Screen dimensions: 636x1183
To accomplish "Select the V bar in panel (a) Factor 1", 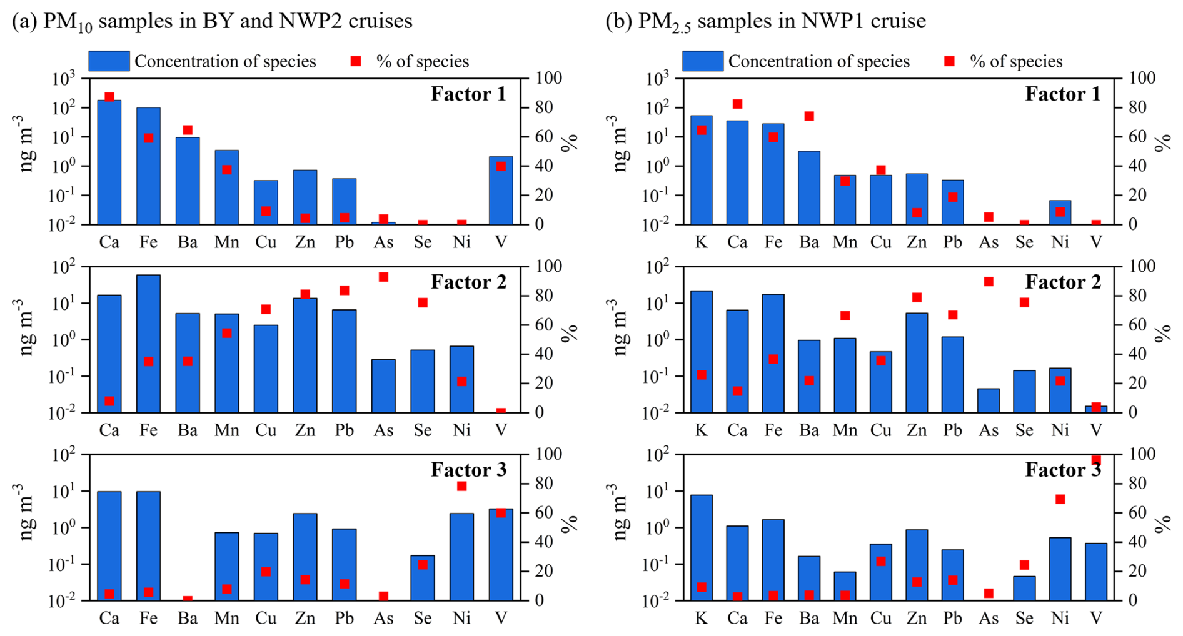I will [501, 191].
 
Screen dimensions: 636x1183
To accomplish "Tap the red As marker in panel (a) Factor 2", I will [383, 277].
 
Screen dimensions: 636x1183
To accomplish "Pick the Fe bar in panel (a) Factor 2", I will [148, 344].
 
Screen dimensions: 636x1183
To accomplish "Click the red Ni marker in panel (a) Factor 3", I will [461, 486].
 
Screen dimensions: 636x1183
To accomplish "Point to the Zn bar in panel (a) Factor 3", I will [305, 557].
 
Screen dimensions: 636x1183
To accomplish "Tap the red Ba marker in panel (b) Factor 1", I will [809, 116].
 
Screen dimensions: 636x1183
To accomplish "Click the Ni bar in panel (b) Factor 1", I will [1060, 212].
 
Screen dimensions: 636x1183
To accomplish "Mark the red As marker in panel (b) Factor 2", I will [989, 282].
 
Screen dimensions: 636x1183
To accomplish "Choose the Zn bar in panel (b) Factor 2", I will [917, 362].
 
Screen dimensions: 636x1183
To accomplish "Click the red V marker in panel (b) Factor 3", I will [1096, 460].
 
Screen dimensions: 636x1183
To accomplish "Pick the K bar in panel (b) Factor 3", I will [702, 547].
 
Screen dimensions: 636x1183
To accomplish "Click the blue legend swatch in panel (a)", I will [109, 61].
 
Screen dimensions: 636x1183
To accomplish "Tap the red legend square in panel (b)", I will [949, 61].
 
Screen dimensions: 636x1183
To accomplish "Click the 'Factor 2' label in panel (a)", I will [468, 282].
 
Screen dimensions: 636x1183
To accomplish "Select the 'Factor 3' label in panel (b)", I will [1063, 470].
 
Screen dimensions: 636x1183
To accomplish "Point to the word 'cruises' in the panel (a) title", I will [380, 21].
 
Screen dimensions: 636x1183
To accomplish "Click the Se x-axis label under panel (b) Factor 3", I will [1024, 618].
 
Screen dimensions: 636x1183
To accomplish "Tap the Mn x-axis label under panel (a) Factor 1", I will [226, 242].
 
